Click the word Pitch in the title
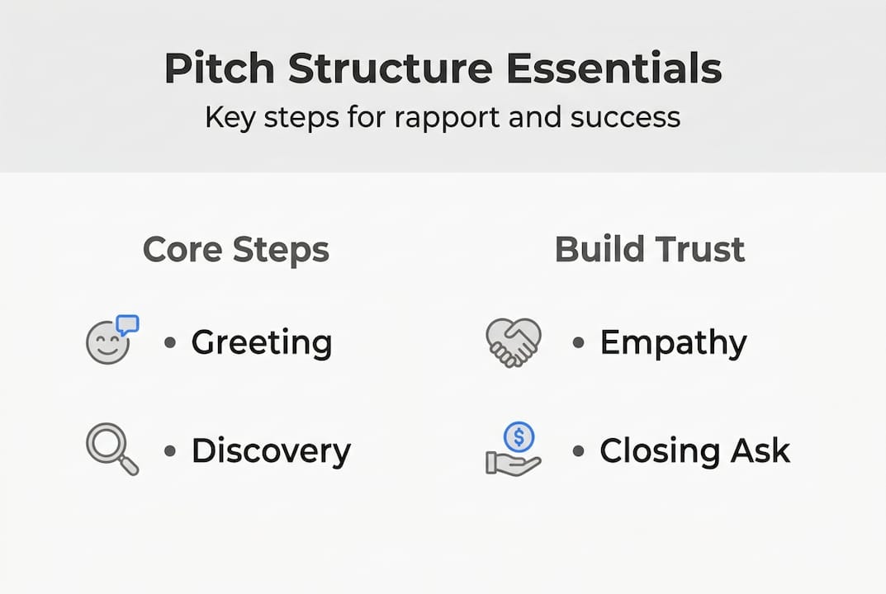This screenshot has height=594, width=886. tap(219, 68)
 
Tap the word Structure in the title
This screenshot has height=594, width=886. tap(388, 68)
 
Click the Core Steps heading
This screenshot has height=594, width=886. tap(236, 249)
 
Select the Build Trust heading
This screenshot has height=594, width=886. tap(650, 249)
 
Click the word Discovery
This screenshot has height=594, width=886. tap(271, 451)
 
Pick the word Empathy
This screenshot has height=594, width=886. tap(673, 342)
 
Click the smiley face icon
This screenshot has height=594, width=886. tap(107, 343)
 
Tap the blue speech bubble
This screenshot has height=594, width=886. tap(127, 324)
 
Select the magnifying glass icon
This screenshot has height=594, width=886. tap(111, 446)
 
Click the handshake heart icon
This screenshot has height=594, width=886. tap(513, 342)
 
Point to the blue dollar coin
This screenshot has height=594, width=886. tap(519, 435)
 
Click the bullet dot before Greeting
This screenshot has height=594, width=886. tap(170, 342)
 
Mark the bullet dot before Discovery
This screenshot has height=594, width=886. tap(170, 450)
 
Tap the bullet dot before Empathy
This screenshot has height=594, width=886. tap(579, 342)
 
